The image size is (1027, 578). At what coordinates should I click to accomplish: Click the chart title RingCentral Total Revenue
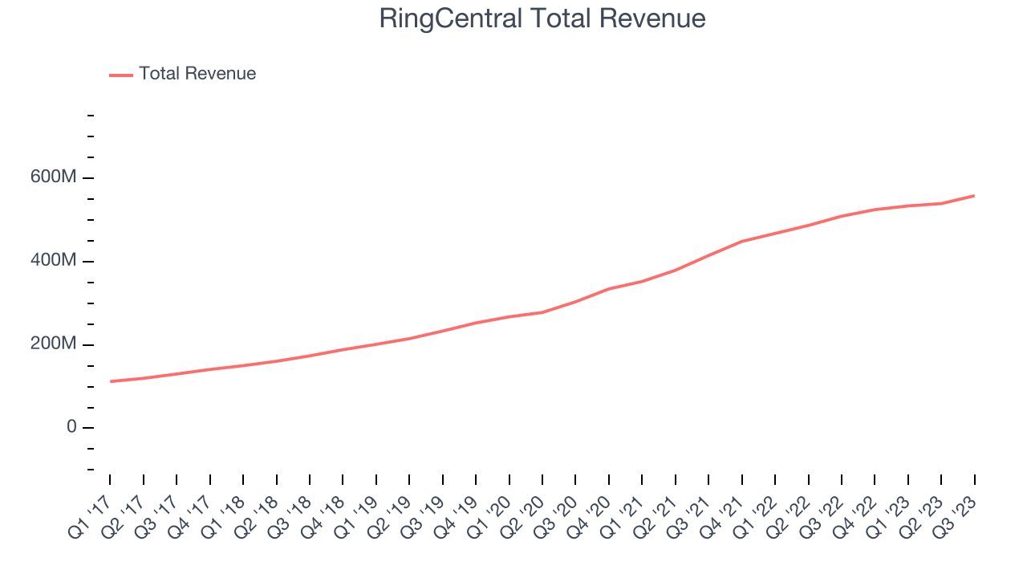point(542,18)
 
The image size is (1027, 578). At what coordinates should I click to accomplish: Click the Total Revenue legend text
point(197,74)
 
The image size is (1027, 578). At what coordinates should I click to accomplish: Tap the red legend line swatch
point(121,75)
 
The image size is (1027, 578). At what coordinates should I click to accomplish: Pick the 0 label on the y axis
point(71,427)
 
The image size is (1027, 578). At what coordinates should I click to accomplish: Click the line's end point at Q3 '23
point(974,195)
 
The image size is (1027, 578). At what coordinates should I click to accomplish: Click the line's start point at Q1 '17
point(110,381)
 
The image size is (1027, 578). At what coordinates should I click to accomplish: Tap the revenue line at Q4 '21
point(742,241)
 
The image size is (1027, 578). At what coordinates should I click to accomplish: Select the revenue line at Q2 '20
point(542,312)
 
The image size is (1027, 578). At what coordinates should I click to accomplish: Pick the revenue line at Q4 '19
point(476,323)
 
